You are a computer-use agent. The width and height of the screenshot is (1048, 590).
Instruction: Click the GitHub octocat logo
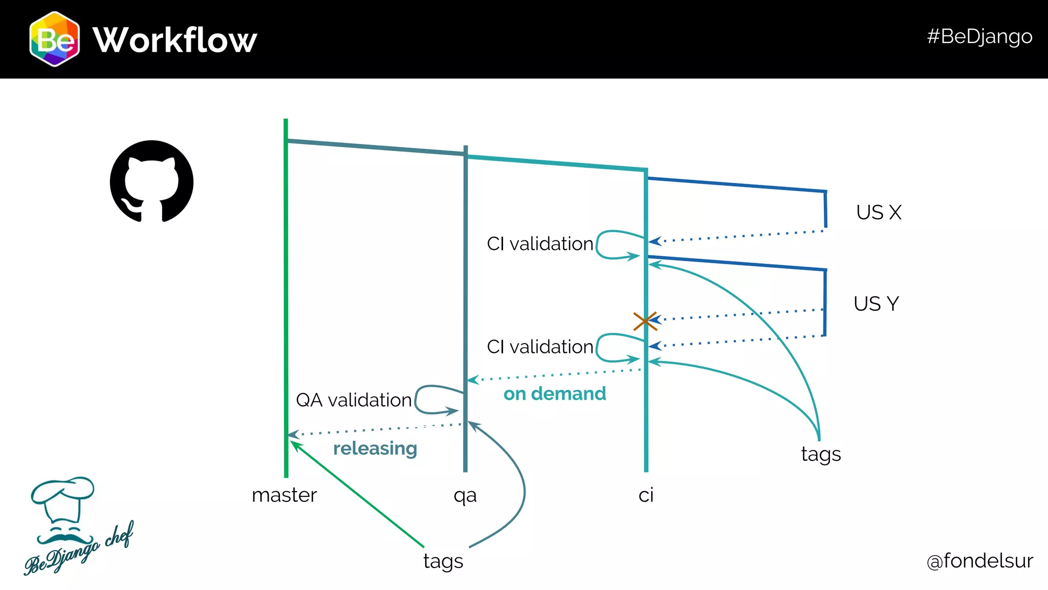click(151, 181)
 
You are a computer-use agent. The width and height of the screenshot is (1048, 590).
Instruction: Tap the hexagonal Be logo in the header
click(54, 39)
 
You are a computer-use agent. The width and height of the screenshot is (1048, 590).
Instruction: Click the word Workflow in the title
click(174, 40)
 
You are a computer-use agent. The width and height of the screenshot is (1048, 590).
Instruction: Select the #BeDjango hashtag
click(979, 36)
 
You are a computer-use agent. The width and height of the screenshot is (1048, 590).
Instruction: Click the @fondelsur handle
click(979, 561)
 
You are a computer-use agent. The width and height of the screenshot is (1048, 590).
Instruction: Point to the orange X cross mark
click(645, 321)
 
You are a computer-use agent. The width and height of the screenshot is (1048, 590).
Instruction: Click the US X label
click(879, 213)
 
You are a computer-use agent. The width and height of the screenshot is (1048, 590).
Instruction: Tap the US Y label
click(876, 304)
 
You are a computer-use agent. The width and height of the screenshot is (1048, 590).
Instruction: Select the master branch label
click(284, 495)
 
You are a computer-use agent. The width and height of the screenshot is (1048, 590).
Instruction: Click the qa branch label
click(465, 496)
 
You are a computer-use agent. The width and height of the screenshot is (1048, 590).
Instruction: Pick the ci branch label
click(646, 495)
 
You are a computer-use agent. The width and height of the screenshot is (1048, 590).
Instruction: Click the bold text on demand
click(555, 394)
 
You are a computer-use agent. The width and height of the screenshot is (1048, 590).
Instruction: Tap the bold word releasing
click(375, 449)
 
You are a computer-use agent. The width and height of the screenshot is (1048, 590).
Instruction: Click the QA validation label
click(354, 400)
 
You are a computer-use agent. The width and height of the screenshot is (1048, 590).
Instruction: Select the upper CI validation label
click(540, 244)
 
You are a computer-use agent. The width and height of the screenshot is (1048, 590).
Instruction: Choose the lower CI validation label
click(540, 347)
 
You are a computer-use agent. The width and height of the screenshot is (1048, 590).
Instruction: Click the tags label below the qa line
click(443, 561)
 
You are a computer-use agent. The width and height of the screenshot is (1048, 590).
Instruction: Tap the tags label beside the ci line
click(821, 454)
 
